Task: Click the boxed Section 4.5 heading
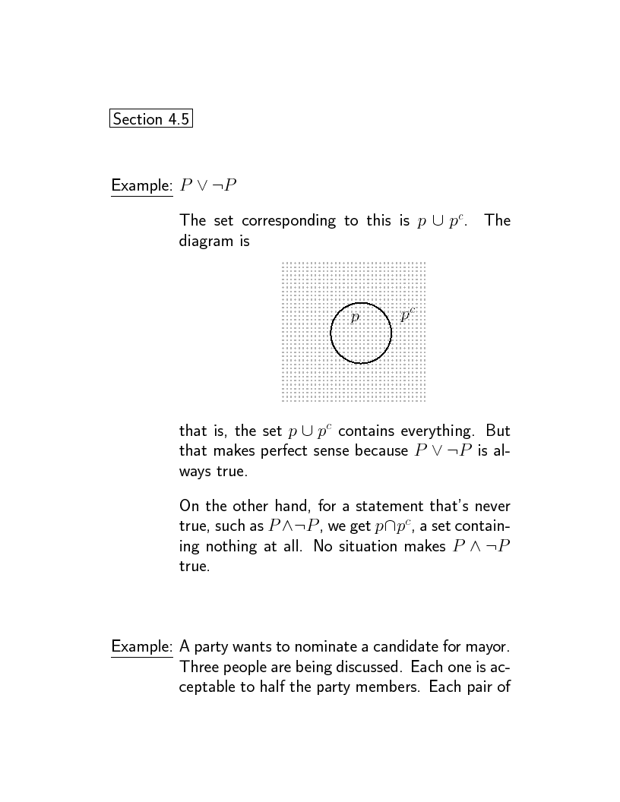pos(150,119)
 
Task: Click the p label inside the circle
pos(354,317)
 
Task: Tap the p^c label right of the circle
pos(407,316)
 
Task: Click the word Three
pos(200,667)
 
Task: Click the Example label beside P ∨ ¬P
pos(142,185)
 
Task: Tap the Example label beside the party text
pos(142,647)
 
